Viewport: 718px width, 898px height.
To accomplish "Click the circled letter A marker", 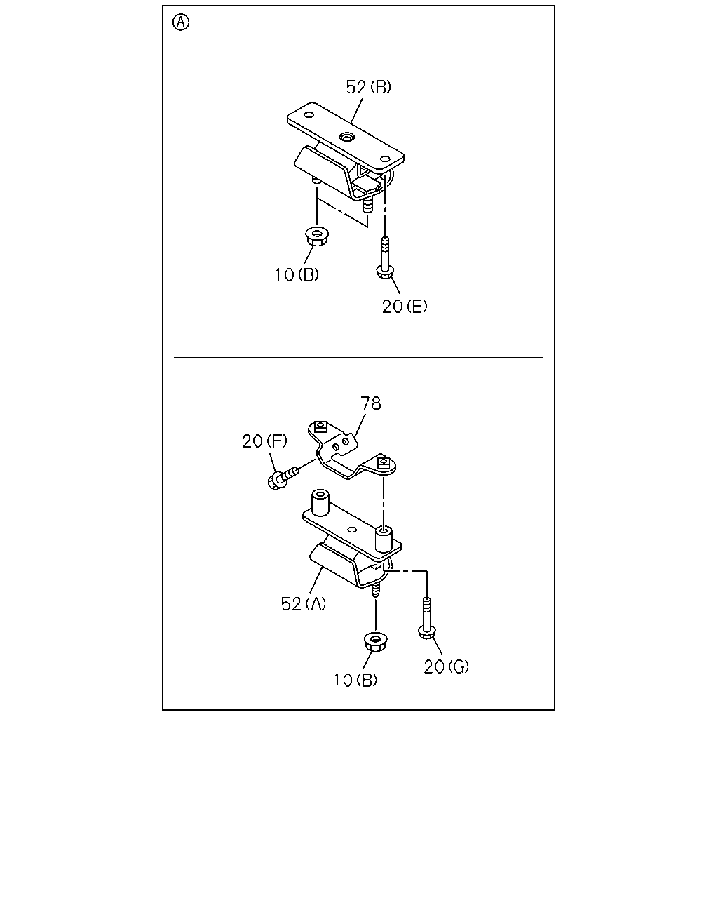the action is pos(181,22).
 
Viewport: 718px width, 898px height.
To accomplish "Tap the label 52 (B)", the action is pos(368,87).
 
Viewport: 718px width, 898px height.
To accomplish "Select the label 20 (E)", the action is pos(405,307).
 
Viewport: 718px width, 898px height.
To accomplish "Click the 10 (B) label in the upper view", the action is pos(297,274).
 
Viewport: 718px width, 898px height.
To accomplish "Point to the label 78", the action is pos(370,403).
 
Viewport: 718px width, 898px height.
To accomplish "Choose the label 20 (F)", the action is pos(265,441).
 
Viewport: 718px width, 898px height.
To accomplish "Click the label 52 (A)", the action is pos(304,603).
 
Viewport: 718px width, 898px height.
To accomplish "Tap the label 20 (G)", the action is pos(447,666).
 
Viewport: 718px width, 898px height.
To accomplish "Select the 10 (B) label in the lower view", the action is pos(355,681).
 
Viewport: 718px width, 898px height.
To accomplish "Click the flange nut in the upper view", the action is pos(317,236).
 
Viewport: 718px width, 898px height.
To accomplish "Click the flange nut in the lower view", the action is pos(376,642).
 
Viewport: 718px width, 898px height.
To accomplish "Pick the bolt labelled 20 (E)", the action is pos(385,258).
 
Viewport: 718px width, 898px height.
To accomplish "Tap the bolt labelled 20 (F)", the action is pos(282,477).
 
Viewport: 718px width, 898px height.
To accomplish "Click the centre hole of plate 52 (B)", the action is pos(346,136).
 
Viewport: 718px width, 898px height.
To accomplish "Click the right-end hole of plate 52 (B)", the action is pos(385,159).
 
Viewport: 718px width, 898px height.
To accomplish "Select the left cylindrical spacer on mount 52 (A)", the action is pos(320,502).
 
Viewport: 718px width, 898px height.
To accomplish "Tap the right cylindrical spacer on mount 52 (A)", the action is pos(384,540).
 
